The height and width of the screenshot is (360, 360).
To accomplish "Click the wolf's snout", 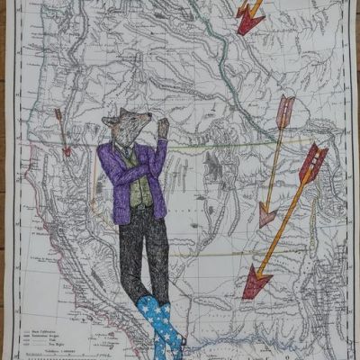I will [145, 132].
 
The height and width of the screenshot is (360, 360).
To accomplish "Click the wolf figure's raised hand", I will [163, 126].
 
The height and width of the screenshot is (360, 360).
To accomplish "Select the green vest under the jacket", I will [139, 190].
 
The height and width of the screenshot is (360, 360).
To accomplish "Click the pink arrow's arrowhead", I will [265, 215].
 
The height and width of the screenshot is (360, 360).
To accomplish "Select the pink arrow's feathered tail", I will [286, 109].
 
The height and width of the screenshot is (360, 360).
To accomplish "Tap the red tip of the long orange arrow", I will [256, 284].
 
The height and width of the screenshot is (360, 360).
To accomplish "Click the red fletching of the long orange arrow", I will [311, 162].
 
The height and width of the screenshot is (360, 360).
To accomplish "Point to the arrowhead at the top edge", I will [247, 22].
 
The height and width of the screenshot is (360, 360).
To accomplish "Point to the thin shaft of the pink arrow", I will [275, 162].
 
